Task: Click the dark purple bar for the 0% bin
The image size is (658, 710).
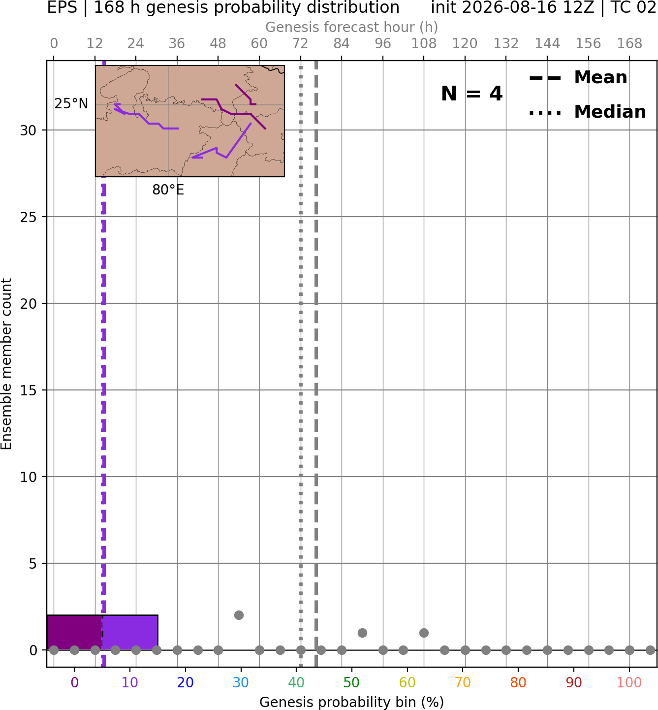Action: [x=74, y=632]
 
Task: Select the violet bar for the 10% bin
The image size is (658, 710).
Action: [x=130, y=632]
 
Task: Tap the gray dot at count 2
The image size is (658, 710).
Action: [x=239, y=615]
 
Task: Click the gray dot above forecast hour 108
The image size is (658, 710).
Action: [x=424, y=633]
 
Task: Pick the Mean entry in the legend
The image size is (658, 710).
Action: [x=578, y=77]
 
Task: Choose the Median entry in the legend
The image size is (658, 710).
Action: [x=587, y=112]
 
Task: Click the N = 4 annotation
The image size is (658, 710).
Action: [x=472, y=94]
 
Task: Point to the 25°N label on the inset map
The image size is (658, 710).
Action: [x=71, y=104]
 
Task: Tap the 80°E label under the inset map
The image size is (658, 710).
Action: [x=168, y=190]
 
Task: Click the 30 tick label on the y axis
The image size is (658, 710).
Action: [x=28, y=130]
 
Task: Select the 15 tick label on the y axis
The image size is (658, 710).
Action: [x=28, y=390]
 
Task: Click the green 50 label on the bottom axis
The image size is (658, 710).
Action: [x=351, y=683]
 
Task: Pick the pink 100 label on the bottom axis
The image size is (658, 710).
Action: [x=629, y=683]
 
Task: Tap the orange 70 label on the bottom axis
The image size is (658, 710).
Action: [x=463, y=683]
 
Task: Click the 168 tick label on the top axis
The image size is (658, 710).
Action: [x=629, y=44]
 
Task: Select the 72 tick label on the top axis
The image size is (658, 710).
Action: [x=300, y=44]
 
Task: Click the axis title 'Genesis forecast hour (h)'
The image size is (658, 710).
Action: [x=352, y=27]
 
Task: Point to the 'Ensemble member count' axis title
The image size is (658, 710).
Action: [x=6, y=364]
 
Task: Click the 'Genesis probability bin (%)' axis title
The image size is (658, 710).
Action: [x=352, y=702]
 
